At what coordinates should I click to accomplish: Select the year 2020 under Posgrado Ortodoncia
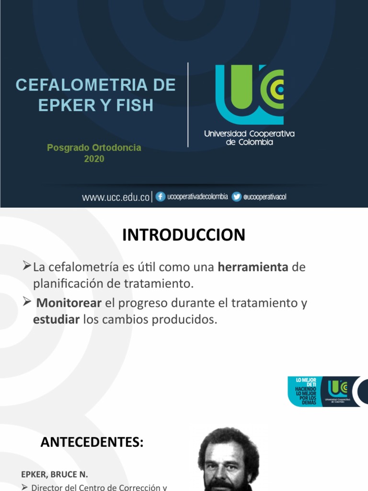[x=94, y=159]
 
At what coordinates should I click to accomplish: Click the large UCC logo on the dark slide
[x=249, y=94]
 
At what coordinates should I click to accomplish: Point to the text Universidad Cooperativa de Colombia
[x=249, y=138]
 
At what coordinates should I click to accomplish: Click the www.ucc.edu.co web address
[x=116, y=197]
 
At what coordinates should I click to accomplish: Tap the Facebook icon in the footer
[x=161, y=197]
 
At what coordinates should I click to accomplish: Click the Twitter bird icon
[x=236, y=197]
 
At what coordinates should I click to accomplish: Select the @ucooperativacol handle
[x=265, y=197]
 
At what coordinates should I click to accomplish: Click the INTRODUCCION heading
[x=184, y=235]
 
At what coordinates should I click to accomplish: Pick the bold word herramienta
[x=253, y=268]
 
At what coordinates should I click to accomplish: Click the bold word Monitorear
[x=69, y=303]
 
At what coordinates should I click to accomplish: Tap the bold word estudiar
[x=56, y=319]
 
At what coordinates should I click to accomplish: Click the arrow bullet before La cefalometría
[x=27, y=266]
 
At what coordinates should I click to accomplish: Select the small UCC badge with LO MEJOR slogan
[x=323, y=391]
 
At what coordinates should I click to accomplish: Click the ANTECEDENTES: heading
[x=92, y=442]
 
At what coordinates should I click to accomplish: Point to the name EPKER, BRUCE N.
[x=54, y=474]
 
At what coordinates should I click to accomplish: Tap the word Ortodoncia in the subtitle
[x=118, y=148]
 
